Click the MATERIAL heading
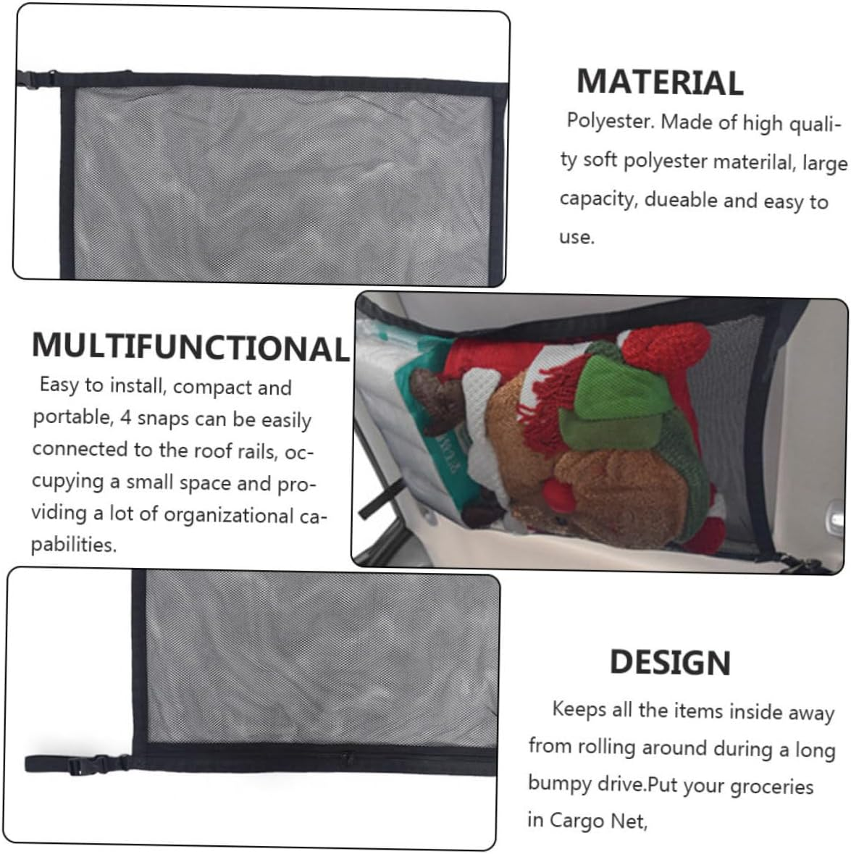660,82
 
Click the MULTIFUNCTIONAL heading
190,346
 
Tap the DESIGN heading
670,662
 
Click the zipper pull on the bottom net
345,758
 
